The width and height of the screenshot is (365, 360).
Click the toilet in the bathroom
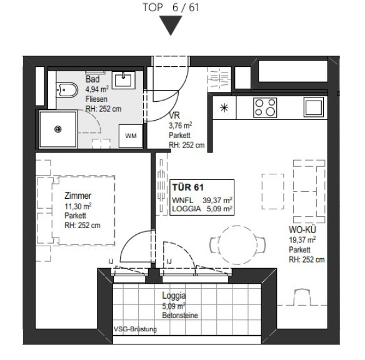click(67, 90)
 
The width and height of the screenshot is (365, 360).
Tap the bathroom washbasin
click(124, 80)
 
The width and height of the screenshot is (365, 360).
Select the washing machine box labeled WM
click(131, 136)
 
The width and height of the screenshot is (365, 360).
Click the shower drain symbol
click(57, 129)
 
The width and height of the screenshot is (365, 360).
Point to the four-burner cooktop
click(265, 107)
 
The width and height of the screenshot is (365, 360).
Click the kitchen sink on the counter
click(313, 107)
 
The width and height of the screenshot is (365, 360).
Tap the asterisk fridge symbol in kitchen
click(224, 107)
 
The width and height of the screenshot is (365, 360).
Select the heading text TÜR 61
click(188, 187)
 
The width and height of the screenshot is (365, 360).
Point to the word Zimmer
click(77, 196)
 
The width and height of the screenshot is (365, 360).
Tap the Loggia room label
click(174, 296)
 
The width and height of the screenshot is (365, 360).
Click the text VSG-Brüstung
click(135, 329)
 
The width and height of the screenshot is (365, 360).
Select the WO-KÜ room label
click(302, 229)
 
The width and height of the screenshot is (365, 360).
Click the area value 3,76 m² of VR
click(180, 126)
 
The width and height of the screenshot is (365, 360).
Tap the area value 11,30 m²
click(77, 206)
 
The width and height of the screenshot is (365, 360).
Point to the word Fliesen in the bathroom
click(96, 99)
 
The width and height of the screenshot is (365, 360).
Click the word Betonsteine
click(180, 316)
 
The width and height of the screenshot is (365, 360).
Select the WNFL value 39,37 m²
click(217, 200)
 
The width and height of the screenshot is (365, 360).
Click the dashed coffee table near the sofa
click(273, 191)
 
